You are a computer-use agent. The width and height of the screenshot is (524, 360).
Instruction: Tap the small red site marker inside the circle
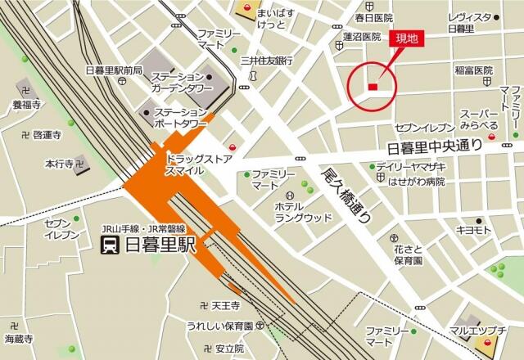click(373, 87)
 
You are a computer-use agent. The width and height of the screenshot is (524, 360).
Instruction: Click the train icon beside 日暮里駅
click(108, 245)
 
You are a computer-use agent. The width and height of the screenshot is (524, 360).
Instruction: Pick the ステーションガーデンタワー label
click(181, 83)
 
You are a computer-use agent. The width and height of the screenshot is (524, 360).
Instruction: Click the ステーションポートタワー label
click(181, 117)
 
